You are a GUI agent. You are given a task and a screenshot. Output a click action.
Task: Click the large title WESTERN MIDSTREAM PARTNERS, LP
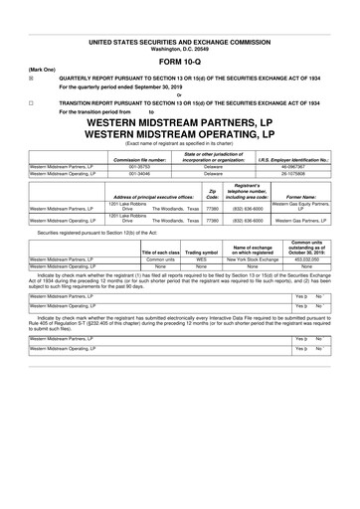(x=179, y=125)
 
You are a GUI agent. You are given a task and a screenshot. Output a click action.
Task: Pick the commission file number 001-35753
(x=139, y=167)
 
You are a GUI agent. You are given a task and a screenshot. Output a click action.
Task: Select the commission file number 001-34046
(x=139, y=175)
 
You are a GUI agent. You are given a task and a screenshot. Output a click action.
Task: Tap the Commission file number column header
(x=139, y=158)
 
